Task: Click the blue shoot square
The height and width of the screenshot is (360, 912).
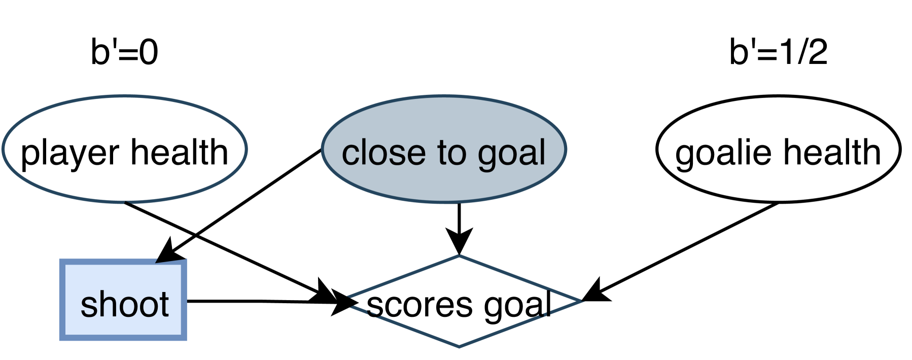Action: tap(123, 299)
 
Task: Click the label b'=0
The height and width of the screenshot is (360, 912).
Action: tap(124, 52)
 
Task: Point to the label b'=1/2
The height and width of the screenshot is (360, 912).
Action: tap(778, 52)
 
